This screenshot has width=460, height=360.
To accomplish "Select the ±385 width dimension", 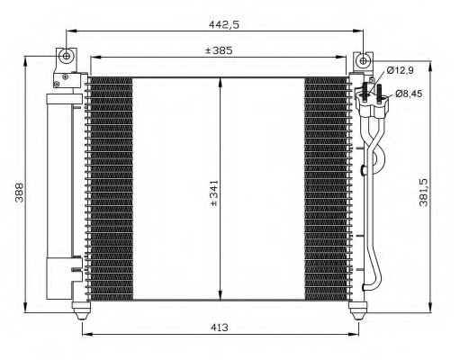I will pyautogui.click(x=218, y=50).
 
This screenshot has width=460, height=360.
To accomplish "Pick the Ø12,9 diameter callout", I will pyautogui.click(x=399, y=70).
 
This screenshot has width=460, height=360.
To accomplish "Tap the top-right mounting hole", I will pyautogui.click(x=362, y=61).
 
